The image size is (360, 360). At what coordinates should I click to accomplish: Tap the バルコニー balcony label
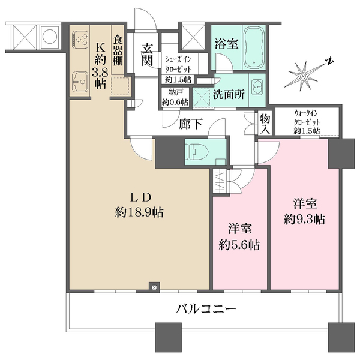pyautogui.click(x=206, y=310)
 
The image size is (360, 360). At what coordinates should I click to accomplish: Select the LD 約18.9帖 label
pyautogui.click(x=142, y=205)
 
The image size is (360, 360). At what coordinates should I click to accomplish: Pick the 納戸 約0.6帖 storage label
pyautogui.click(x=175, y=98)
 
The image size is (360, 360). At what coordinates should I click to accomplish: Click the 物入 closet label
pyautogui.click(x=265, y=124)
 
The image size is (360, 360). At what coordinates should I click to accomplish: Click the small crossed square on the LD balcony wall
pyautogui.click(x=154, y=287)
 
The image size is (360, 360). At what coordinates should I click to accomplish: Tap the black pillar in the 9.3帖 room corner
pyautogui.click(x=338, y=153)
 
